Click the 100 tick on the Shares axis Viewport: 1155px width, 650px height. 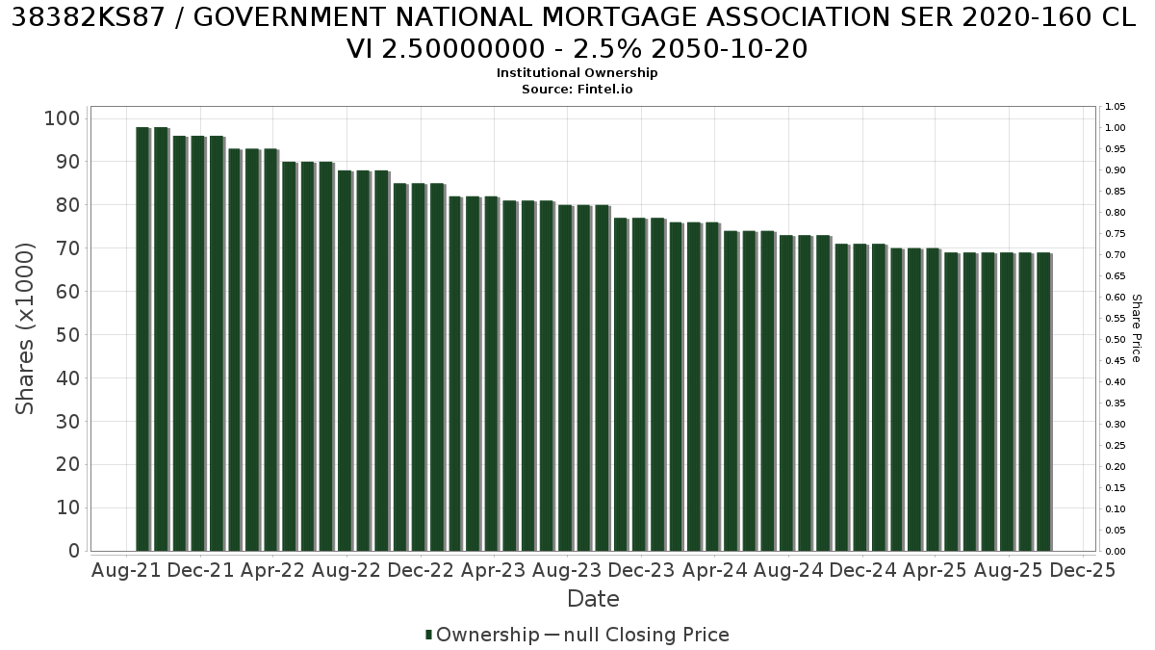[x=63, y=118]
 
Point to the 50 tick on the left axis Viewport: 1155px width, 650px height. [x=67, y=335]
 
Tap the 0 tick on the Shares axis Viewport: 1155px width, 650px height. [x=74, y=551]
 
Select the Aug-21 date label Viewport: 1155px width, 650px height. [x=126, y=570]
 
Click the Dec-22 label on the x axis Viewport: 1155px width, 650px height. [x=421, y=570]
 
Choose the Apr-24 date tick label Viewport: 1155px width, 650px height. [x=714, y=570]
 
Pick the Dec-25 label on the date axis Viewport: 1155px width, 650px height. [x=1083, y=570]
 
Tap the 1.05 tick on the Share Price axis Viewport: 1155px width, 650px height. [x=1115, y=107]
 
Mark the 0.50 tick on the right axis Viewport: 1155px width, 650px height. [x=1115, y=339]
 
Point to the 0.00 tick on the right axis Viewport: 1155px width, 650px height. [x=1115, y=552]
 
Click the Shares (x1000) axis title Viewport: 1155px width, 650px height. [x=25, y=328]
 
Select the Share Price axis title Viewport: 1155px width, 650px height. [x=1137, y=328]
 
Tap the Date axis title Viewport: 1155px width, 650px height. [x=593, y=599]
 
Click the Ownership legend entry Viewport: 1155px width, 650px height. [x=482, y=635]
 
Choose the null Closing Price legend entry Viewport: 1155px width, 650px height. [x=637, y=635]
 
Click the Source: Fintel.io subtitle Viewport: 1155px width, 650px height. [x=577, y=90]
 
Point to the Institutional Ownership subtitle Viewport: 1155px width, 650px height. [x=577, y=73]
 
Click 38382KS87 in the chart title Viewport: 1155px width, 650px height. [x=88, y=18]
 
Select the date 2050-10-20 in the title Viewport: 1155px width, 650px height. [x=730, y=49]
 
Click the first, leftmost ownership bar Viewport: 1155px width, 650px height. [x=142, y=339]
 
